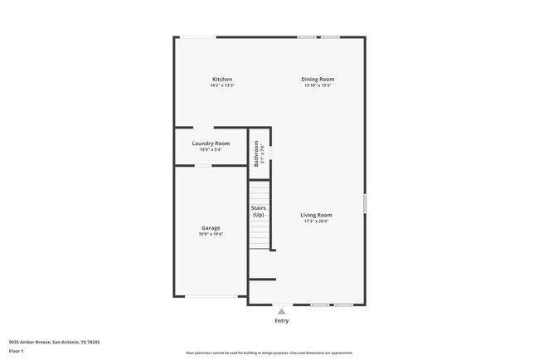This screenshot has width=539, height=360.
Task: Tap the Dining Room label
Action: [318, 80]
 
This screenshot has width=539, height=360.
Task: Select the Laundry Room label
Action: [211, 144]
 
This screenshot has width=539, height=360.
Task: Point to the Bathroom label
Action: [257, 151]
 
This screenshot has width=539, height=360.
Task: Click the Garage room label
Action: [211, 228]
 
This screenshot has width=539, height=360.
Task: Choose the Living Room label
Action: [316, 216]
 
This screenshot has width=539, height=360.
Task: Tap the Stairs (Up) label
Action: [259, 212]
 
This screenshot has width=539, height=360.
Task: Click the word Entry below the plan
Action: [282, 320]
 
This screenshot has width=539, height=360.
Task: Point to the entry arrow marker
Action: [282, 310]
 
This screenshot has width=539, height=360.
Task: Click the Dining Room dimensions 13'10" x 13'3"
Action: [318, 85]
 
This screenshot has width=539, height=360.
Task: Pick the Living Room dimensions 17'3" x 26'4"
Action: [316, 221]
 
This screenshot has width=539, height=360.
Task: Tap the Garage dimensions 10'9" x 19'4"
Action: [211, 234]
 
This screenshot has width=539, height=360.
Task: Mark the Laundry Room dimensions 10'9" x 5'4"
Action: [211, 149]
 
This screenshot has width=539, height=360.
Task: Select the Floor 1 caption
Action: [17, 351]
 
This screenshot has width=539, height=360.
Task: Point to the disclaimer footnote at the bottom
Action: [269, 353]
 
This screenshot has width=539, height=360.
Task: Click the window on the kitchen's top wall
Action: [199, 36]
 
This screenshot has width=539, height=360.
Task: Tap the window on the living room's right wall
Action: [365, 203]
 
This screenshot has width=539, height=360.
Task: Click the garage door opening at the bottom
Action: [209, 296]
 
